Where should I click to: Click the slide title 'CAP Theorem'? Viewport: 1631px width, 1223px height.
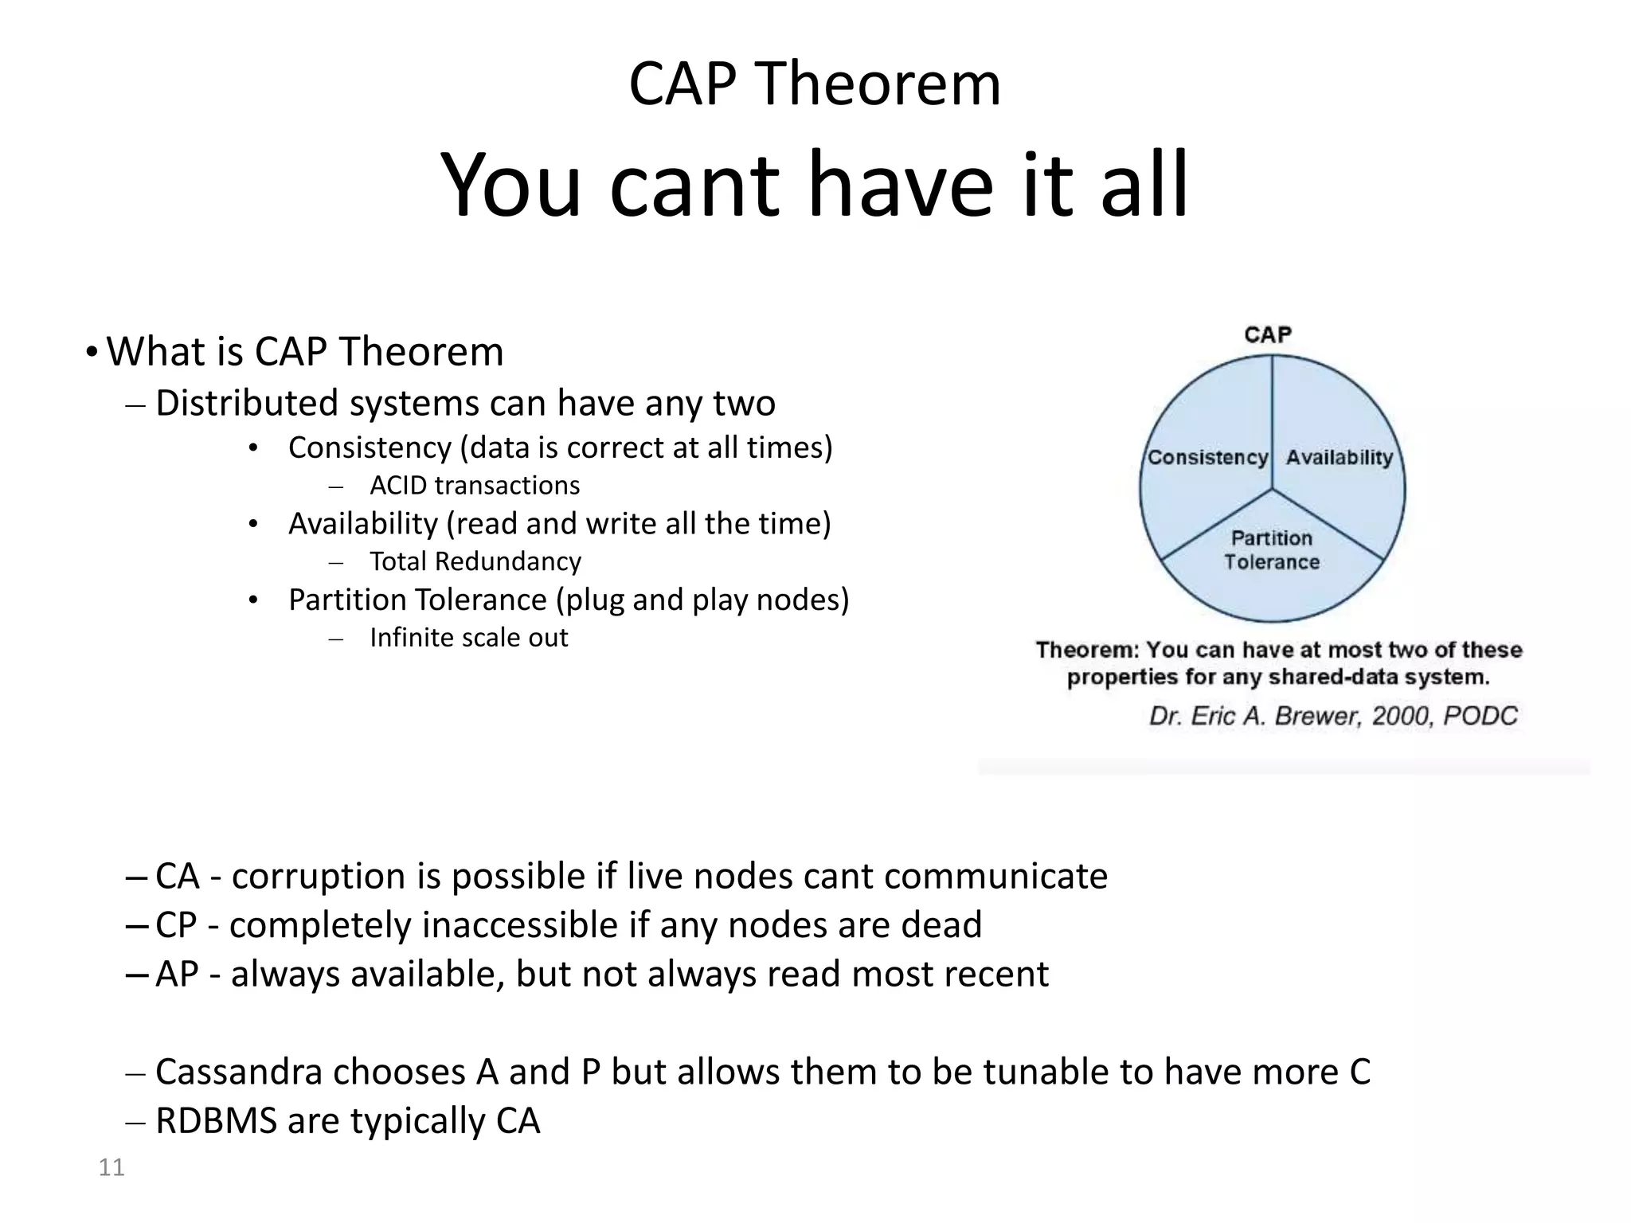pos(815,84)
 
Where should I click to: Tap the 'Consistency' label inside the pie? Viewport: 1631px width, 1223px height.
pos(1207,458)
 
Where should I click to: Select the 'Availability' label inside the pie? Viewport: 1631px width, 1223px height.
pos(1339,458)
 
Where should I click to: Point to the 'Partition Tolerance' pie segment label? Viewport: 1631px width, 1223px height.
pos(1272,550)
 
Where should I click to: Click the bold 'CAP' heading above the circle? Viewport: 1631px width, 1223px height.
pos(1268,334)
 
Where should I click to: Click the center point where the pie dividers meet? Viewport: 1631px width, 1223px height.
pos(1272,489)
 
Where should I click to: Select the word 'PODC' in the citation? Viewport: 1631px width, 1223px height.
pos(1480,716)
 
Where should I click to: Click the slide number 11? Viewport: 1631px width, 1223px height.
pos(111,1167)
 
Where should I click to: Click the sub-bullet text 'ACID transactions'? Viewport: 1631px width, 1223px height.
pos(475,486)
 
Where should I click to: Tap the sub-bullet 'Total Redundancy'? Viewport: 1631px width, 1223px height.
pos(475,562)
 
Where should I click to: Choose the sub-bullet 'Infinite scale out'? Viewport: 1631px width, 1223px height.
pos(469,638)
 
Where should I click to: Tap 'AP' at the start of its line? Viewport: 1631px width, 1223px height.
pos(177,975)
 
